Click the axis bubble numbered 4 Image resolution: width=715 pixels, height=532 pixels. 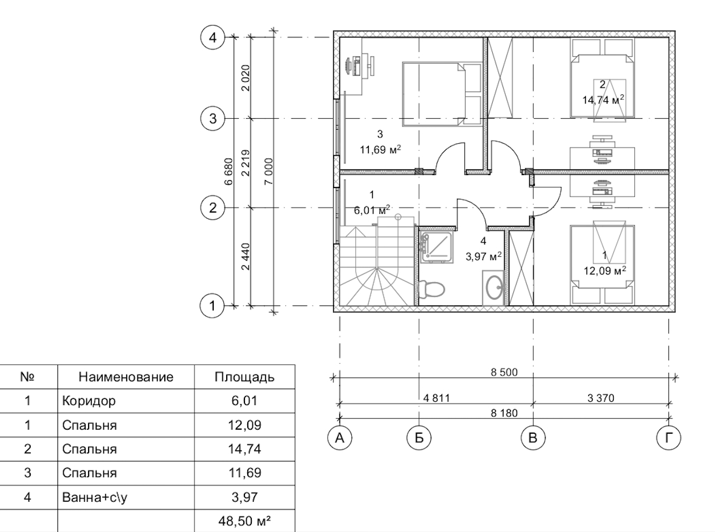[213, 38]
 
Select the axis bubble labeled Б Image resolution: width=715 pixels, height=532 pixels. [419, 438]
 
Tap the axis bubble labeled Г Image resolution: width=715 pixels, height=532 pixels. [668, 438]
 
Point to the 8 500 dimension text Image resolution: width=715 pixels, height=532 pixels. [504, 372]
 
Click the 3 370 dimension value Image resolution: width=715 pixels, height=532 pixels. [601, 398]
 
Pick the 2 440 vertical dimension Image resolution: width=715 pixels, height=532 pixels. [246, 257]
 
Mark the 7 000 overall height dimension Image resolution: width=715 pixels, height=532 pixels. [268, 171]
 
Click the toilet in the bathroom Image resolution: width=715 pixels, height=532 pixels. [431, 289]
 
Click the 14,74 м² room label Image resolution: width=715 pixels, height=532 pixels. [603, 99]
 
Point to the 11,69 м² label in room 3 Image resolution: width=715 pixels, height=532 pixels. [380, 149]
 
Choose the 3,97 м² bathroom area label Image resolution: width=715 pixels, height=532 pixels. [484, 257]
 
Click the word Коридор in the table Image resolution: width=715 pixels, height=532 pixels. [89, 401]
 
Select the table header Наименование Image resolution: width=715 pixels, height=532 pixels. [126, 377]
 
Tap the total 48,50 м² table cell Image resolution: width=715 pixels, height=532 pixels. [244, 521]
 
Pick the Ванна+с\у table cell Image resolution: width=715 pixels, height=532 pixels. [94, 497]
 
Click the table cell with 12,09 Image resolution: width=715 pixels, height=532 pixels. [244, 425]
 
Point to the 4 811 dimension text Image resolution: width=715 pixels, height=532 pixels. [436, 398]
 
